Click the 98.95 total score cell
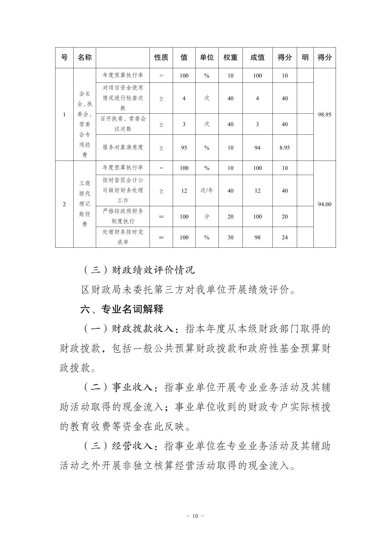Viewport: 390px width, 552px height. (324, 114)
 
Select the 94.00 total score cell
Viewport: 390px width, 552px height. (324, 204)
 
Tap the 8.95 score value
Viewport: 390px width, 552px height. (284, 148)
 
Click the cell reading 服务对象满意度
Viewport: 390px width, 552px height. (123, 147)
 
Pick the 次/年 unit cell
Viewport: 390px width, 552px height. (207, 190)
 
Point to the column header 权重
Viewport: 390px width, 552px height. (230, 57)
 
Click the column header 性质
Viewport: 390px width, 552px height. (161, 57)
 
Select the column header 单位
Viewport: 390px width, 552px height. (207, 57)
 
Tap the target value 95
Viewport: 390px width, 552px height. (184, 148)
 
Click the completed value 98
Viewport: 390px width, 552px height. (257, 238)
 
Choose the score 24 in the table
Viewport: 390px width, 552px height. (284, 238)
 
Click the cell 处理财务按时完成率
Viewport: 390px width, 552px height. (123, 237)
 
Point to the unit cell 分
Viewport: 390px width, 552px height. (207, 216)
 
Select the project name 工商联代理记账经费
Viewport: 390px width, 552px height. (85, 204)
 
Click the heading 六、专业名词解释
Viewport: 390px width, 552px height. (122, 309)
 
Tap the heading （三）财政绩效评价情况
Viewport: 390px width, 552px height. (137, 269)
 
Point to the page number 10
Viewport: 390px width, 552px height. (195, 516)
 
